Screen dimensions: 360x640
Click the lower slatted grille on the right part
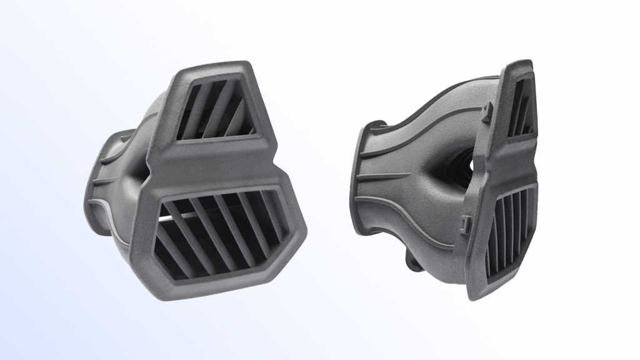[x=509, y=234]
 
